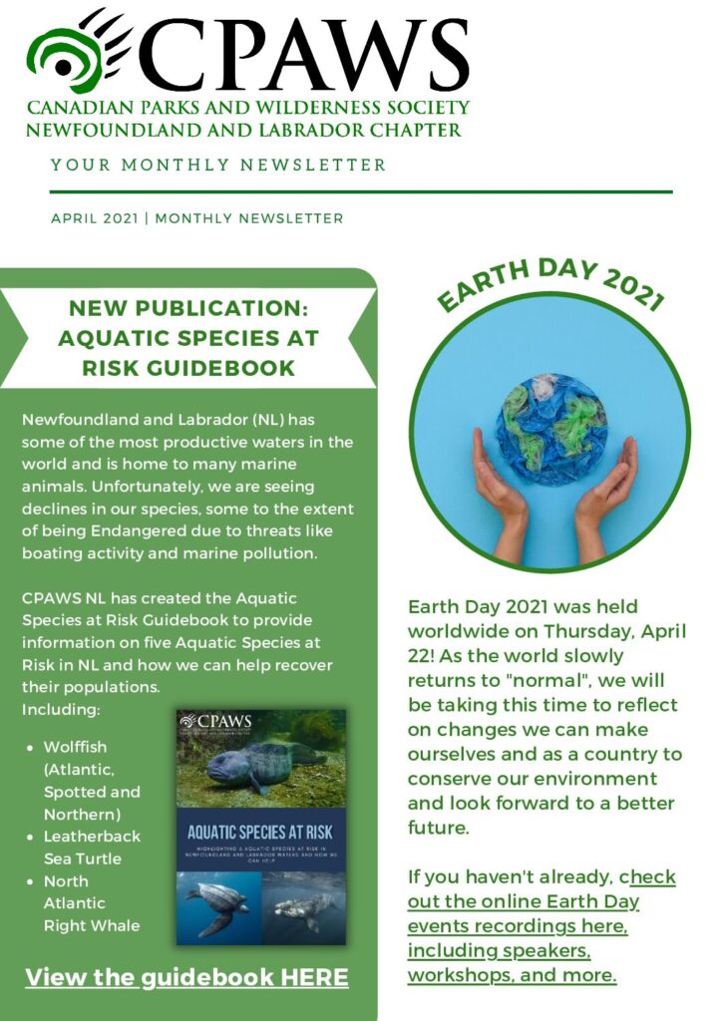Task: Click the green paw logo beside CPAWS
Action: pyautogui.click(x=78, y=52)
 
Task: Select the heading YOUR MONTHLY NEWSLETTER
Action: pyautogui.click(x=218, y=165)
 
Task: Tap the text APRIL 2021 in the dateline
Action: pyautogui.click(x=96, y=218)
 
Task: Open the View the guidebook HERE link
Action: pyautogui.click(x=186, y=977)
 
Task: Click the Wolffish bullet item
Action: pyautogui.click(x=76, y=747)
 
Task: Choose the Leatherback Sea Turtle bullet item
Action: pyautogui.click(x=92, y=848)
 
